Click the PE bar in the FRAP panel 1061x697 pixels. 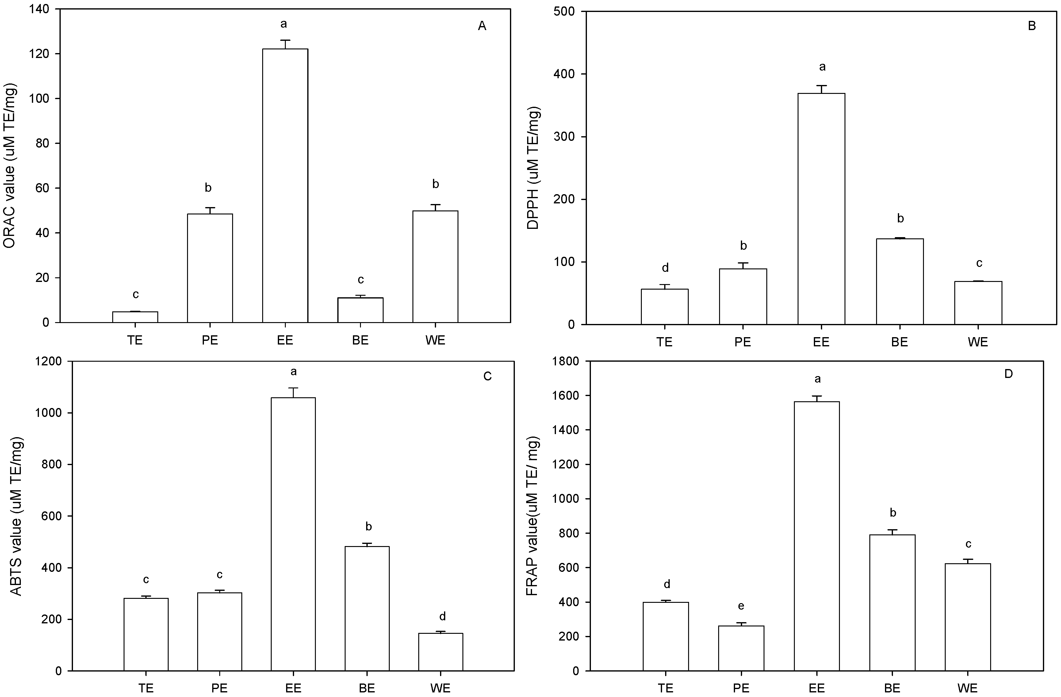coord(741,649)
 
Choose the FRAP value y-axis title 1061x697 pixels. coord(533,516)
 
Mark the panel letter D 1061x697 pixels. coord(1008,374)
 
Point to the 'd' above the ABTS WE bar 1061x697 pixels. coord(442,617)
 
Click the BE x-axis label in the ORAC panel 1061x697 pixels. coord(360,340)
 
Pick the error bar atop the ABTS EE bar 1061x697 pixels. coord(293,392)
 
